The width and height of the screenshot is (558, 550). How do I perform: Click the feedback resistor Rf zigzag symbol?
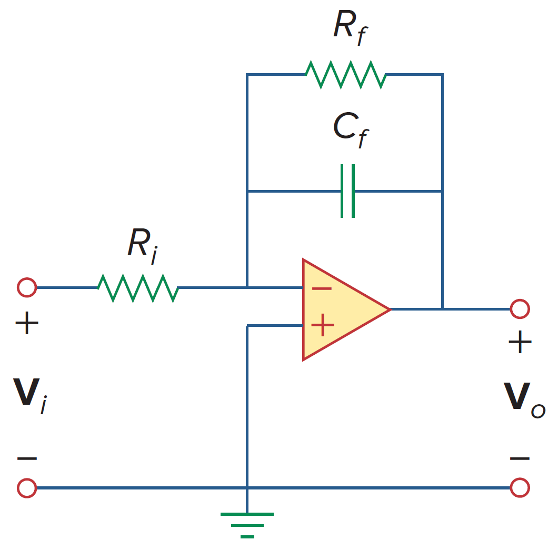pyautogui.click(x=346, y=75)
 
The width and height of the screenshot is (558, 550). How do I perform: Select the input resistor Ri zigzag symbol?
pyautogui.click(x=138, y=288)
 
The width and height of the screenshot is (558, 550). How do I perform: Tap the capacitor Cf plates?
pyautogui.click(x=347, y=191)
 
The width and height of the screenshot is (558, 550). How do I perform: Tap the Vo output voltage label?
pyautogui.click(x=524, y=400)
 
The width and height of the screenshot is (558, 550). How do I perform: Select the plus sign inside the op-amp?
pyautogui.click(x=322, y=326)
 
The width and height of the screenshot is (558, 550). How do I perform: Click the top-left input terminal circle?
pyautogui.click(x=27, y=288)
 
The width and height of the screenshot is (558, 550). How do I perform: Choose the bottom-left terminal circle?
pyautogui.click(x=27, y=488)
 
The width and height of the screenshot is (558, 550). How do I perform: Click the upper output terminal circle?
pyautogui.click(x=520, y=309)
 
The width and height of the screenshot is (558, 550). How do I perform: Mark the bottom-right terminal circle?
pyautogui.click(x=520, y=488)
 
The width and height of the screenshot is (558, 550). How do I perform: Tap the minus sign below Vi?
pyautogui.click(x=27, y=458)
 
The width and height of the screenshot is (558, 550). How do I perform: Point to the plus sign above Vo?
pyautogui.click(x=520, y=344)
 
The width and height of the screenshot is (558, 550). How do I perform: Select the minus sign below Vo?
pyautogui.click(x=520, y=458)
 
